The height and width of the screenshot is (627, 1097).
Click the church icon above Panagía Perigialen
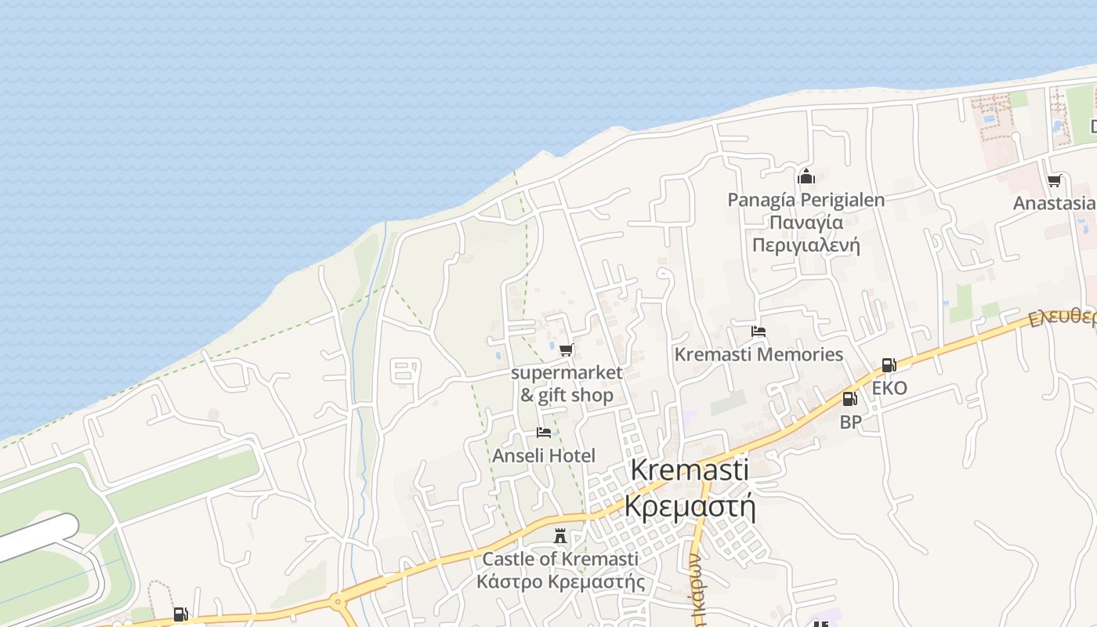pos(806,177)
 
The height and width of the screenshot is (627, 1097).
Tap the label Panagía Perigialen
pos(806,200)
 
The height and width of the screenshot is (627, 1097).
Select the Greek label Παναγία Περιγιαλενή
pos(806,234)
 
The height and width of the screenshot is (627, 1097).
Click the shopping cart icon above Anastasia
pos(1054,181)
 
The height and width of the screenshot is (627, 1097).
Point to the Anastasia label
pos(1054,203)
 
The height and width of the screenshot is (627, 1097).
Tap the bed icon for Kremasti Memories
pos(758,332)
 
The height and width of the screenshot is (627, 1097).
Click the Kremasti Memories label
pos(758,354)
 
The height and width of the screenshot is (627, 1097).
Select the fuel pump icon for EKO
pos(888,365)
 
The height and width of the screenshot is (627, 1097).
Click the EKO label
pos(889,388)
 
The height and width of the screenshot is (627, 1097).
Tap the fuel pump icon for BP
pos(849,400)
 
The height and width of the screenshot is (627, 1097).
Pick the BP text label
pos(850,422)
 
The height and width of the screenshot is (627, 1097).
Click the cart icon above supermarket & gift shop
pos(566,350)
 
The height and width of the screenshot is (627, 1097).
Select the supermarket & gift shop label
pos(567,384)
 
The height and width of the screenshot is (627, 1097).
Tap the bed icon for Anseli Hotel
pos(543,433)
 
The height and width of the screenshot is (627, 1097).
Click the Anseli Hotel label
pos(544,455)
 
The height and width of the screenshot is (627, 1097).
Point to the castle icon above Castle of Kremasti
pos(560,537)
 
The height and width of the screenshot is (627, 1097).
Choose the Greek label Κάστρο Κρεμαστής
pos(560,582)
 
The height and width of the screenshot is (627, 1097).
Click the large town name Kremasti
pos(690,470)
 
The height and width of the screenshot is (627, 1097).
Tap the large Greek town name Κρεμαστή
pos(690,506)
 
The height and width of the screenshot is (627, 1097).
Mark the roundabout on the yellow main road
pos(338,603)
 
